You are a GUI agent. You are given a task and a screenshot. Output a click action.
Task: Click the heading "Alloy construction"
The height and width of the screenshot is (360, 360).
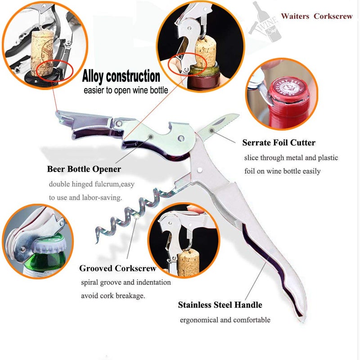point(121,76)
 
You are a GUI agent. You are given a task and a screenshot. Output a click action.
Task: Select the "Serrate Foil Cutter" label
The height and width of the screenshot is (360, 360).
point(279,143)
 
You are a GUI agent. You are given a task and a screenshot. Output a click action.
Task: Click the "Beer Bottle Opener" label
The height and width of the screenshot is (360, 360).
point(84,169)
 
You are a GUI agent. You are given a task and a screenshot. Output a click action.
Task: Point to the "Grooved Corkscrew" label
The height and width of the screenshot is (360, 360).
point(118,268)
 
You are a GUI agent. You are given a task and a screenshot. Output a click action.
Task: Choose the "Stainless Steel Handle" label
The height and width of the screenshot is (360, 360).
point(220,305)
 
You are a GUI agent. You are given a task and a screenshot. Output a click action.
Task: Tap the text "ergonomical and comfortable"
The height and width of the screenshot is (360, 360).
point(225,320)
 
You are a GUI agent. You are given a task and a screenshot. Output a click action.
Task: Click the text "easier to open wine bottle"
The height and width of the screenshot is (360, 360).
point(126,90)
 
